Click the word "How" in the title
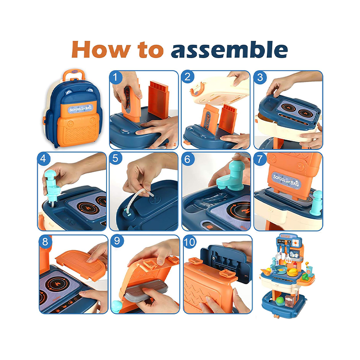101,49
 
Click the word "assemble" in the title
229,49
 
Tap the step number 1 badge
116,77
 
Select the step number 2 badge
188,77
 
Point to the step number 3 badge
260,77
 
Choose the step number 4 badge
44,158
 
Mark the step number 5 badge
116,158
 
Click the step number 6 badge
188,159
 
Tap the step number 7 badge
260,159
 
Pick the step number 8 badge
45,241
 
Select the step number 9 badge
117,241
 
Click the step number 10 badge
190,241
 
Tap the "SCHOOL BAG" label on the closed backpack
81,108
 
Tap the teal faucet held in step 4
52,185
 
